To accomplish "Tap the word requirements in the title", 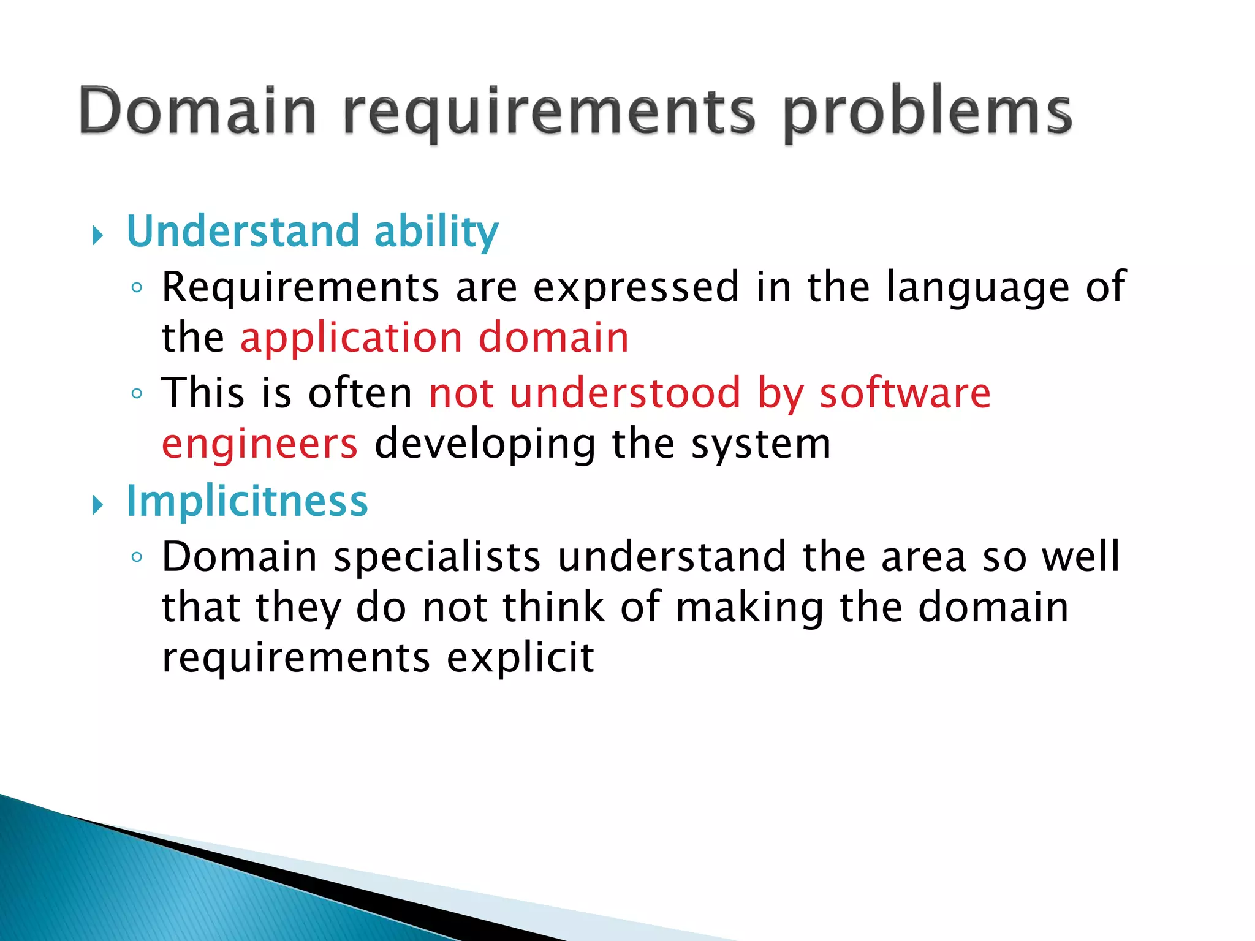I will pyautogui.click(x=548, y=114).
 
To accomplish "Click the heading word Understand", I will pyautogui.click(x=243, y=231).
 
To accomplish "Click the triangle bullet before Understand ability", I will pyautogui.click(x=97, y=235).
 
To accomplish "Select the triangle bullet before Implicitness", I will pyautogui.click(x=97, y=505).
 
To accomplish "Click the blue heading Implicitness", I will pyautogui.click(x=247, y=502).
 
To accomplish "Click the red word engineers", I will pyautogui.click(x=259, y=444).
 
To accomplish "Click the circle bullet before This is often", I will pyautogui.click(x=137, y=393).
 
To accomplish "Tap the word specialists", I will pyautogui.click(x=437, y=558).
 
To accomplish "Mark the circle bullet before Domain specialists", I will pyautogui.click(x=137, y=557).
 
